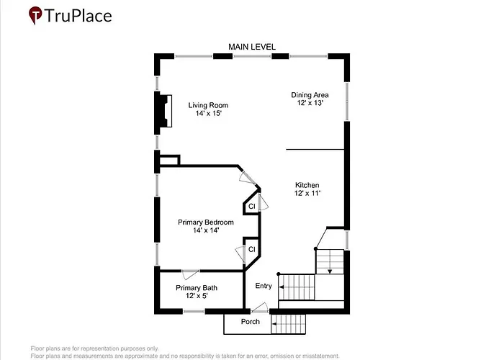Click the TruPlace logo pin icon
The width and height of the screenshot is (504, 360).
(35, 15)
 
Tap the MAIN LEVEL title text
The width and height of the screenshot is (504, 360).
(252, 47)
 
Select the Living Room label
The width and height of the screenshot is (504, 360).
(208, 105)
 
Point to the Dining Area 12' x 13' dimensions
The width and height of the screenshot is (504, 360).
(310, 103)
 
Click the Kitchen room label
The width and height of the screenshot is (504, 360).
(307, 185)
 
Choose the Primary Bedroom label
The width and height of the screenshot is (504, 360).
(206, 222)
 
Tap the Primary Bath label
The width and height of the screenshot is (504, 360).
(197, 288)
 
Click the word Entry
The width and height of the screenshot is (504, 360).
(264, 286)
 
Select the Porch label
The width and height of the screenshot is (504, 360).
(251, 322)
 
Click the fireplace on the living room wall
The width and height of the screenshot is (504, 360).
(164, 111)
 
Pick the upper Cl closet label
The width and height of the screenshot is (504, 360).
(252, 207)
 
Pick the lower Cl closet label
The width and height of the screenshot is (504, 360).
(252, 249)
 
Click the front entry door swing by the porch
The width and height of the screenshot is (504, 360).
(260, 308)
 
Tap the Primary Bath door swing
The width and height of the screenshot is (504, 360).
(190, 275)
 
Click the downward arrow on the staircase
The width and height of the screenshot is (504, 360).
(330, 271)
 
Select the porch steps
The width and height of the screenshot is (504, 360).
(288, 324)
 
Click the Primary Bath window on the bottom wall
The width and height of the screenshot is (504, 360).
(194, 311)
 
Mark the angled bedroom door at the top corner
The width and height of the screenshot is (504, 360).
(247, 178)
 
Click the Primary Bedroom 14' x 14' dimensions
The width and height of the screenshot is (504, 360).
(206, 230)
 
